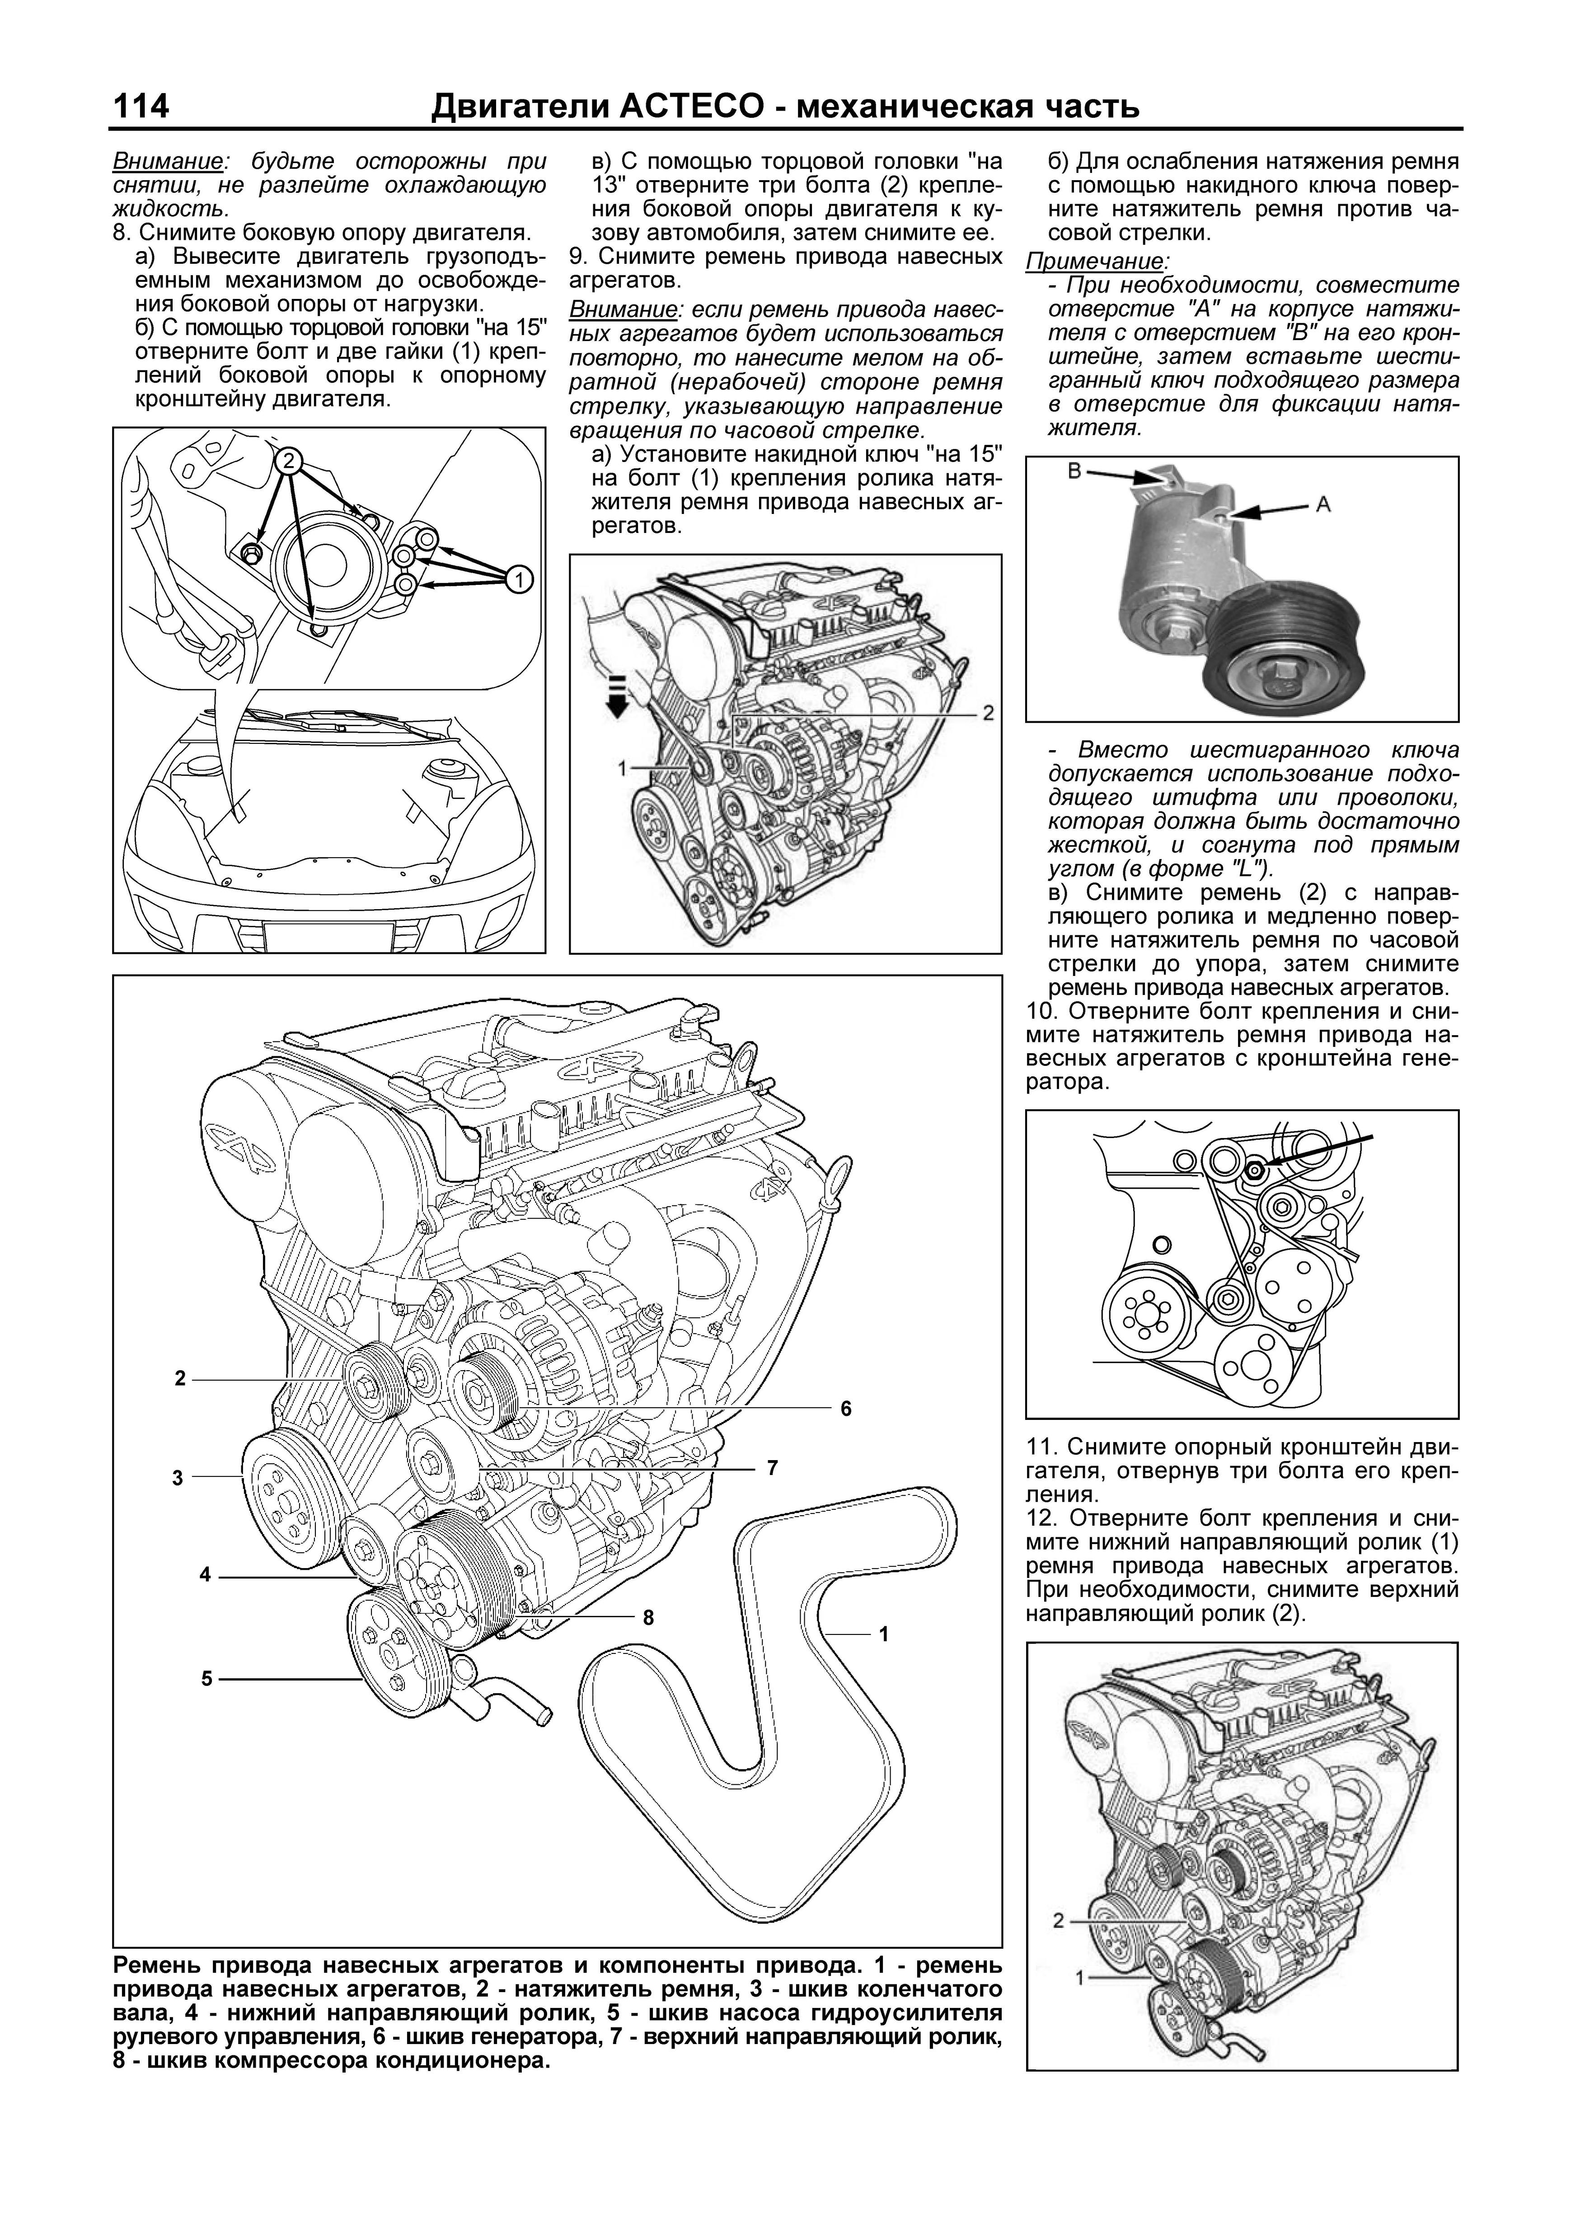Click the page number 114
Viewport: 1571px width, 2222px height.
[141, 106]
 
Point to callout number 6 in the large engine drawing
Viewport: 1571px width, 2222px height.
[845, 1408]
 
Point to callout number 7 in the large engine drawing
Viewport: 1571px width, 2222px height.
[771, 1468]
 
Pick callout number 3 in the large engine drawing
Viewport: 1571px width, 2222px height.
[178, 1478]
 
